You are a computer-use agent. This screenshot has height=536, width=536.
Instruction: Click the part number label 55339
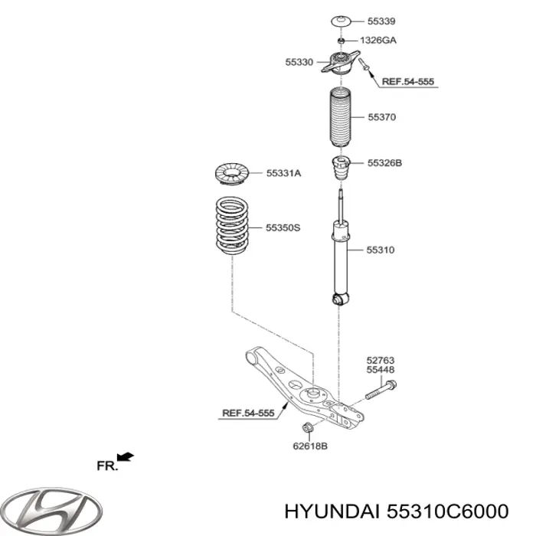click(381, 21)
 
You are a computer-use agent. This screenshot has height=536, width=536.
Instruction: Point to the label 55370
click(381, 118)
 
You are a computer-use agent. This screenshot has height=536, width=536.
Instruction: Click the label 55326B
click(384, 162)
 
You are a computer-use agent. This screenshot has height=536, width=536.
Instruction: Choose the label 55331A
click(283, 174)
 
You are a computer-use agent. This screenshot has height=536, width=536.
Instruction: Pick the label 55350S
click(284, 227)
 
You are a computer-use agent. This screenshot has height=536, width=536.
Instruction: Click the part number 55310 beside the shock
click(381, 250)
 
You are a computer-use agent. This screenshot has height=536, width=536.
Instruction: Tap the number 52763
click(381, 359)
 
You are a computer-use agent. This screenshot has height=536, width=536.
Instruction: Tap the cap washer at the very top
click(340, 21)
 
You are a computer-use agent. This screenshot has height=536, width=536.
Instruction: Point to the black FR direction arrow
click(126, 458)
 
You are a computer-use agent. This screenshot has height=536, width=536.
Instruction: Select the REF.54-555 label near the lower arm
click(247, 413)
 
